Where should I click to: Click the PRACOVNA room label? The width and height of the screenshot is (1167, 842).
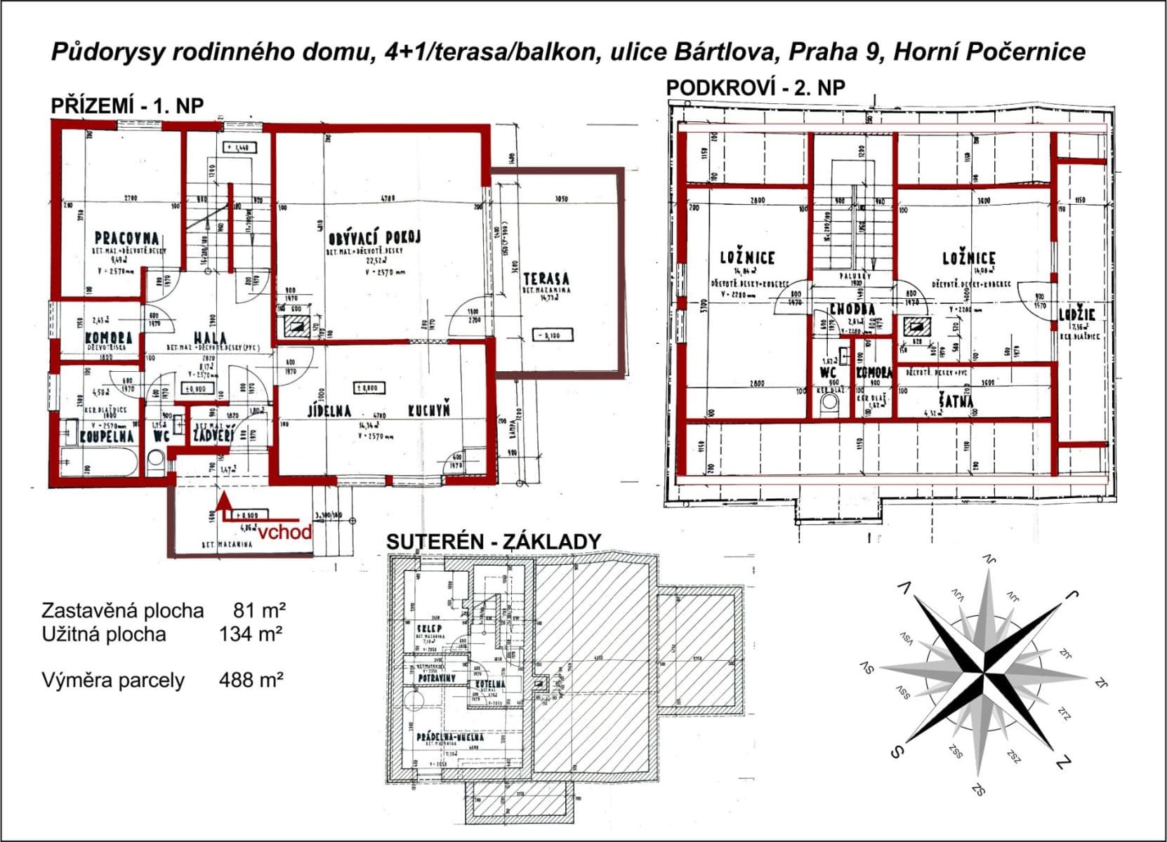coord(126,239)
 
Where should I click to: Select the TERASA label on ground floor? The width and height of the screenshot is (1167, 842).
coord(546,279)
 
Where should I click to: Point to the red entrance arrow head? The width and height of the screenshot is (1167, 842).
coord(223,499)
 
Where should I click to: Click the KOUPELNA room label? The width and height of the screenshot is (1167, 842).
coord(106,436)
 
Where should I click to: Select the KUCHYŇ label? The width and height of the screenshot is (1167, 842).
coord(428,410)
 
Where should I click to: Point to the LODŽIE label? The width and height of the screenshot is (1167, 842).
coord(1077,315)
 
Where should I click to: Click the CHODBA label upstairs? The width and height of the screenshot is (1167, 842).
coord(852,309)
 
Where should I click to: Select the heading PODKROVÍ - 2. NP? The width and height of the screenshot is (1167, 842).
coord(756,88)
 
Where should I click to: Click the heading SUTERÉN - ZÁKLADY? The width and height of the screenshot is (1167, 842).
coord(494,541)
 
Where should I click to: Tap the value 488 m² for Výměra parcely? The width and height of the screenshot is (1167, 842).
coord(251,680)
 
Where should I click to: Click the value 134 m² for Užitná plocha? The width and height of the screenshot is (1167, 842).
coord(251,634)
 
